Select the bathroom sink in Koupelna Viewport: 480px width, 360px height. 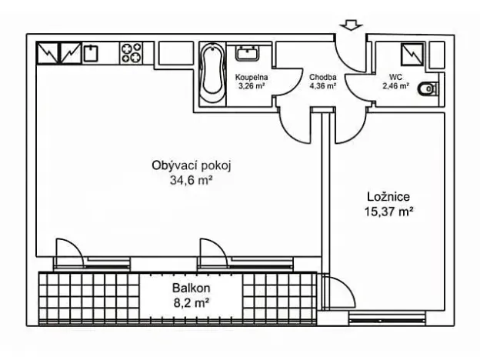pos(248,53)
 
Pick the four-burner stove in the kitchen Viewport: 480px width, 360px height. pos(131,53)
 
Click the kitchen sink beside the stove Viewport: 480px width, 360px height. pos(91,53)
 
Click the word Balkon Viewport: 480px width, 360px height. pos(191,288)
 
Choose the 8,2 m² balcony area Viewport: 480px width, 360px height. pos(191,303)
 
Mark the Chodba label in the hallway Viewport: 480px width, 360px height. pos(322,77)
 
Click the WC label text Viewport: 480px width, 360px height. pos(396,77)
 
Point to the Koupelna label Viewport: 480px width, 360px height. pos(252,77)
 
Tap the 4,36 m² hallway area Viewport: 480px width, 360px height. pos(323,86)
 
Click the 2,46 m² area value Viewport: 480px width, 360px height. pos(396,86)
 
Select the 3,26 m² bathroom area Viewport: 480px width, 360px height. pos(252,86)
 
